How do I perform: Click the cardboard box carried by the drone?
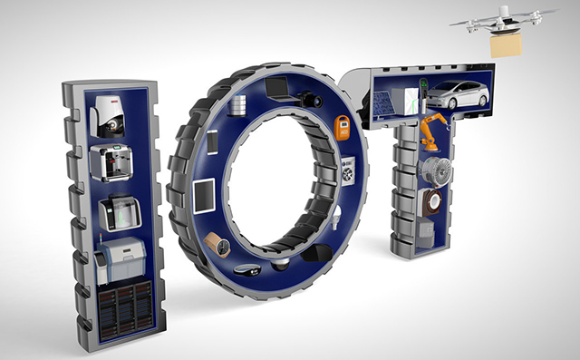coord(506,44)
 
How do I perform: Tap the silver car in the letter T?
coord(458,94)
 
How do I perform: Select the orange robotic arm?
coord(434,131)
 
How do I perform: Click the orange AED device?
coord(342,128)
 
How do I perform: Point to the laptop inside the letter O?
coord(280,89)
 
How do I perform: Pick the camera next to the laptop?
coord(310,99)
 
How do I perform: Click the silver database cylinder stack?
coord(237,105)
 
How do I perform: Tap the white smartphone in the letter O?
coord(212,142)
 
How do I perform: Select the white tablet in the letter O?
coord(204,195)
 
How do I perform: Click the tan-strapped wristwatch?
coord(217,244)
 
